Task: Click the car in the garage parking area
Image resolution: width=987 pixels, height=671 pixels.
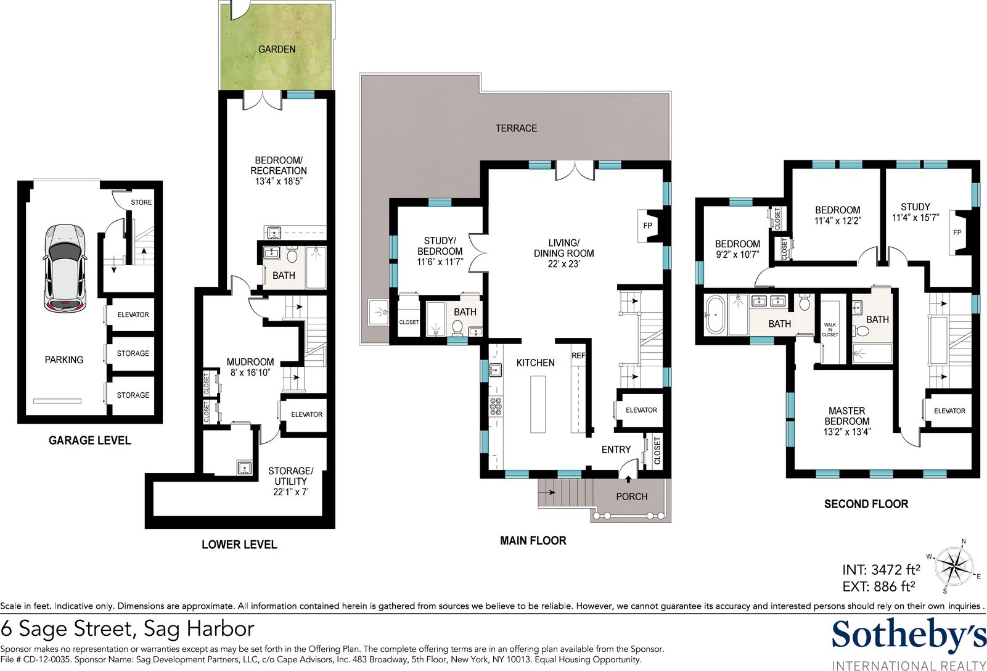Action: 65,268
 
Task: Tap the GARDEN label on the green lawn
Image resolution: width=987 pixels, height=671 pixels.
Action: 277,49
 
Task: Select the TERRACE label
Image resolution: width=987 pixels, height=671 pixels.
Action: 516,128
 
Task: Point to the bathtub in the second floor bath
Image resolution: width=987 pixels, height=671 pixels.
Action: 715,315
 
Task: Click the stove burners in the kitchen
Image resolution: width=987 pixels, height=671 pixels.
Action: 496,406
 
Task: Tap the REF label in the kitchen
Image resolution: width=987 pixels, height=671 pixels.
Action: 578,355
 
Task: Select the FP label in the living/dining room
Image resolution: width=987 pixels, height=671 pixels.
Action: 647,226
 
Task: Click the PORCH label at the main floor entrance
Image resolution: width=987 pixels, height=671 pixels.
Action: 631,497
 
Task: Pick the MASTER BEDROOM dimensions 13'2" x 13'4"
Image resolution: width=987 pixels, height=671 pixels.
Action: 847,432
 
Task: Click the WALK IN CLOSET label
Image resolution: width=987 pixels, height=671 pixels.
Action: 830,330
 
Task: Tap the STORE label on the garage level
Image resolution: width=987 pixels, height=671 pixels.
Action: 141,202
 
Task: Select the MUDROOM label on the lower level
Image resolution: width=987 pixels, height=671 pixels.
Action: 250,362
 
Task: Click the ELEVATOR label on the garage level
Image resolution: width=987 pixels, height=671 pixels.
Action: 133,315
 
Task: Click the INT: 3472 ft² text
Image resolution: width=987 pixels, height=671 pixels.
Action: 881,570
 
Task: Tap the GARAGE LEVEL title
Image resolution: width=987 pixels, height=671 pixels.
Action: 90,440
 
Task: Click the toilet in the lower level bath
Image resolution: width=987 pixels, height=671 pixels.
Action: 292,255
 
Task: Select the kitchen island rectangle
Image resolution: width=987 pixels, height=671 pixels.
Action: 538,404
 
